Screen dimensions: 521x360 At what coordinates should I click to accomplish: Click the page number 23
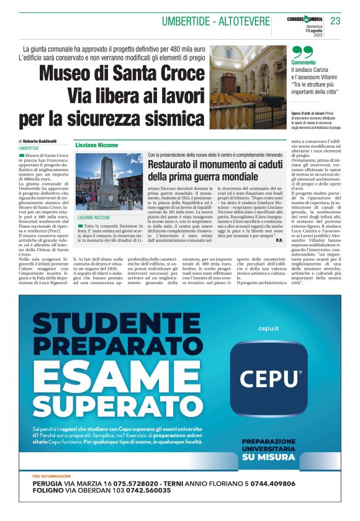[336, 21]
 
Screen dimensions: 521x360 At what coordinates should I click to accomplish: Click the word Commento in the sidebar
[304, 63]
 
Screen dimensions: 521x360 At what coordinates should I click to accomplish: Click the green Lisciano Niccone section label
[98, 144]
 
